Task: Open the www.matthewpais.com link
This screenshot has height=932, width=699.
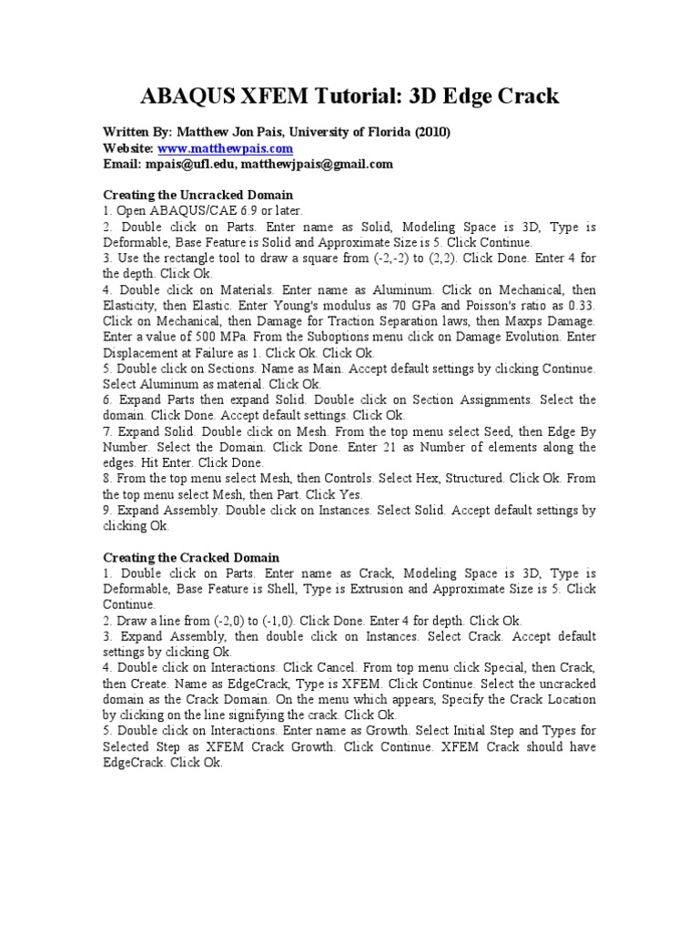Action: (226, 148)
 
